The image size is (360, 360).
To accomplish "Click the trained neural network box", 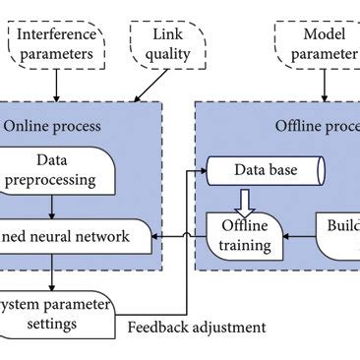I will click(x=74, y=236).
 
